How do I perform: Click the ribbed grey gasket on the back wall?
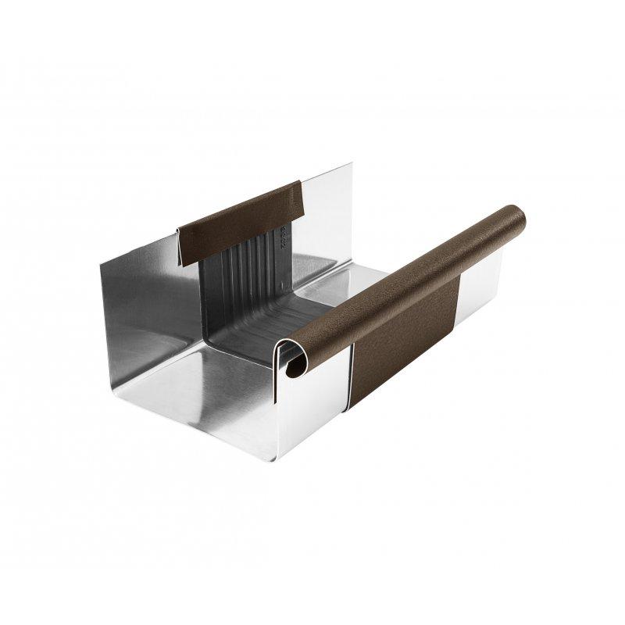pos(250,273)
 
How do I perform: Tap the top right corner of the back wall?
pos(350,165)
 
